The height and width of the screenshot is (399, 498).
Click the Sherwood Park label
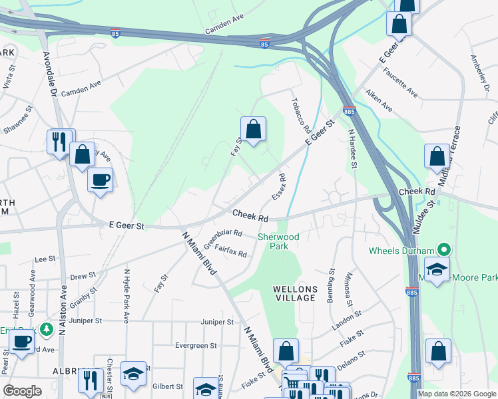coord(278,241)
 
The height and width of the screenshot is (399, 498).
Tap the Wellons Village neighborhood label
coord(294,293)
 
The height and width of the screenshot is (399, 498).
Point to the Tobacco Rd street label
coord(298,115)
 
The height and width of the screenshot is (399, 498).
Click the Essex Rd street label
coord(278,188)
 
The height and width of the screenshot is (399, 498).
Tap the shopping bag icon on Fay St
coord(253,129)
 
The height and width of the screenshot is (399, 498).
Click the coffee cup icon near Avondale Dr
coord(101,180)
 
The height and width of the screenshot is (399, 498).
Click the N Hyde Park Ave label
coord(126,296)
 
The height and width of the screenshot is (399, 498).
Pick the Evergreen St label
coord(196,346)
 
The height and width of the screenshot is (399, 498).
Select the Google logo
coord(23,391)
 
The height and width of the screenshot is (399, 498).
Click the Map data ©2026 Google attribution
coord(457,394)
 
